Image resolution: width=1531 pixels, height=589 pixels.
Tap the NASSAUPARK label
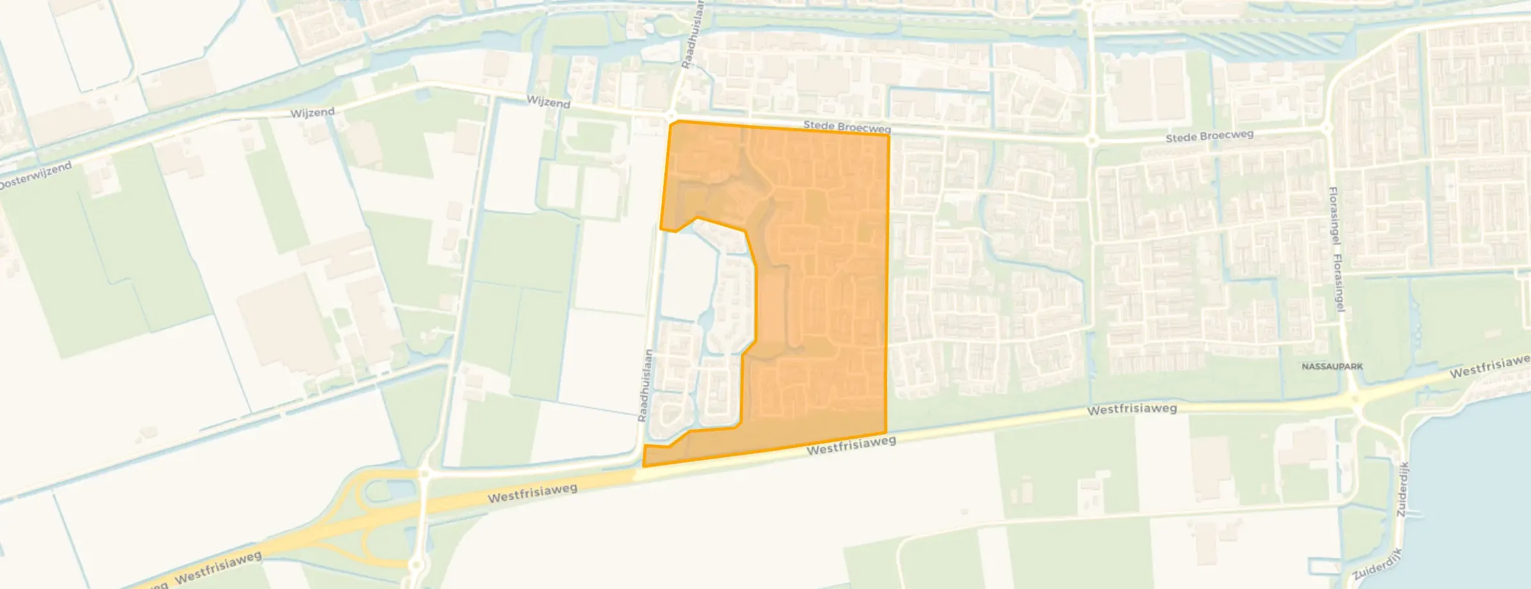coord(1332,367)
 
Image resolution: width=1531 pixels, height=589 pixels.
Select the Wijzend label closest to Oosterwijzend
coord(312,113)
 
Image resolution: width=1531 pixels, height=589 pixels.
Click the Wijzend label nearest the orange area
coord(549,102)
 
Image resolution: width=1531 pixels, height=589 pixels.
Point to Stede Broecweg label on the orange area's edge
coord(846,127)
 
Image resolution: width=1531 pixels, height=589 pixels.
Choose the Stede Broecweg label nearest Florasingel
coord(1209,136)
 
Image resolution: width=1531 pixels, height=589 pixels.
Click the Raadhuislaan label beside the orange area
coord(645,385)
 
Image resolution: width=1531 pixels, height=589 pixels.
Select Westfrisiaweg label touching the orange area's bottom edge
coord(851,446)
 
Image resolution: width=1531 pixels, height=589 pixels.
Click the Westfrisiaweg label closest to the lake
coord(1490,367)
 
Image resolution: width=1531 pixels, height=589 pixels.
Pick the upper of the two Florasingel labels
coord(1335,215)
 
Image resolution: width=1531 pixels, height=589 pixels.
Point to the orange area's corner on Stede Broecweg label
coord(888,135)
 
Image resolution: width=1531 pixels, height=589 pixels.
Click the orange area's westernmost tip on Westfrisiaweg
coord(644,465)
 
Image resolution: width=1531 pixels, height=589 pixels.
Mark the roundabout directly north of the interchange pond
coord(424,473)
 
